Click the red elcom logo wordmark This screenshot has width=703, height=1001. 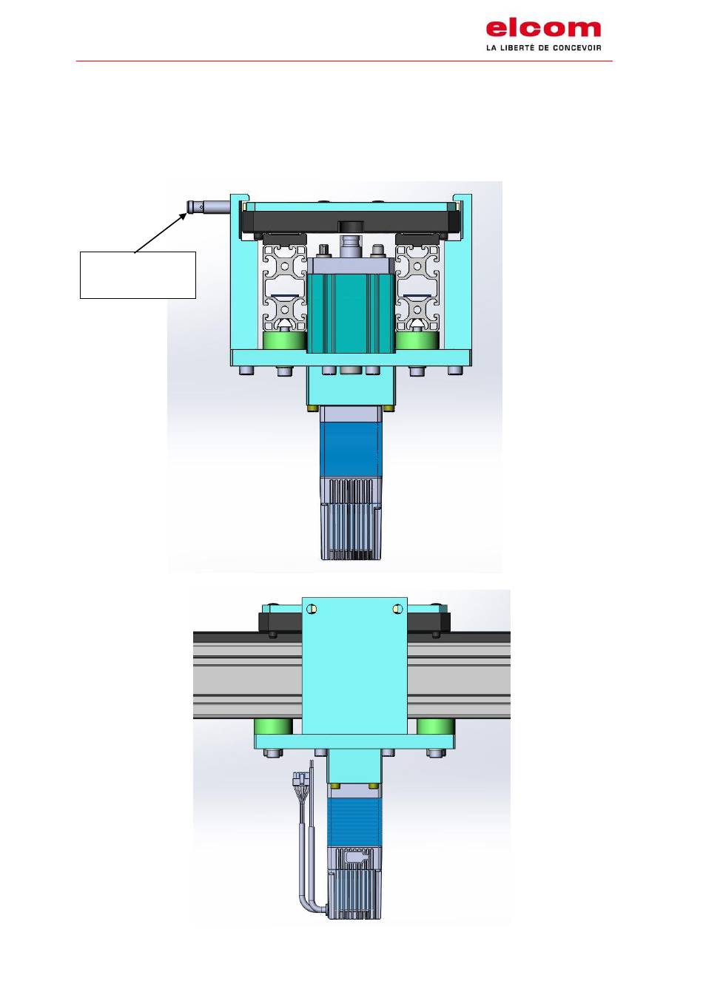click(x=543, y=29)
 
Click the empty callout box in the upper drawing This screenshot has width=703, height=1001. click(x=138, y=274)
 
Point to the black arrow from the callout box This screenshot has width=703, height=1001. click(x=160, y=233)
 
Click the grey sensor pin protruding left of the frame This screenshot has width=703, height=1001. click(x=208, y=208)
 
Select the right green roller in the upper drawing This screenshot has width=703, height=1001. click(x=417, y=340)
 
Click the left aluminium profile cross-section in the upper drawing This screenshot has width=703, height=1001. click(x=285, y=287)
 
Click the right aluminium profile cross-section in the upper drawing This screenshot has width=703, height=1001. click(x=417, y=287)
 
